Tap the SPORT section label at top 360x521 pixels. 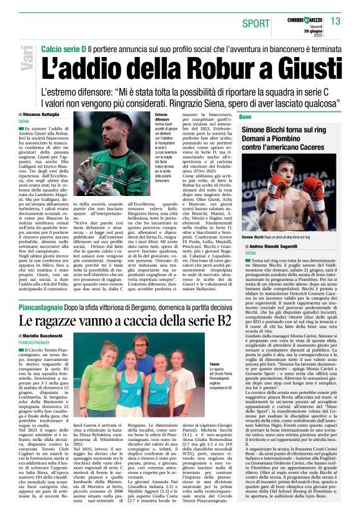point(254,23)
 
